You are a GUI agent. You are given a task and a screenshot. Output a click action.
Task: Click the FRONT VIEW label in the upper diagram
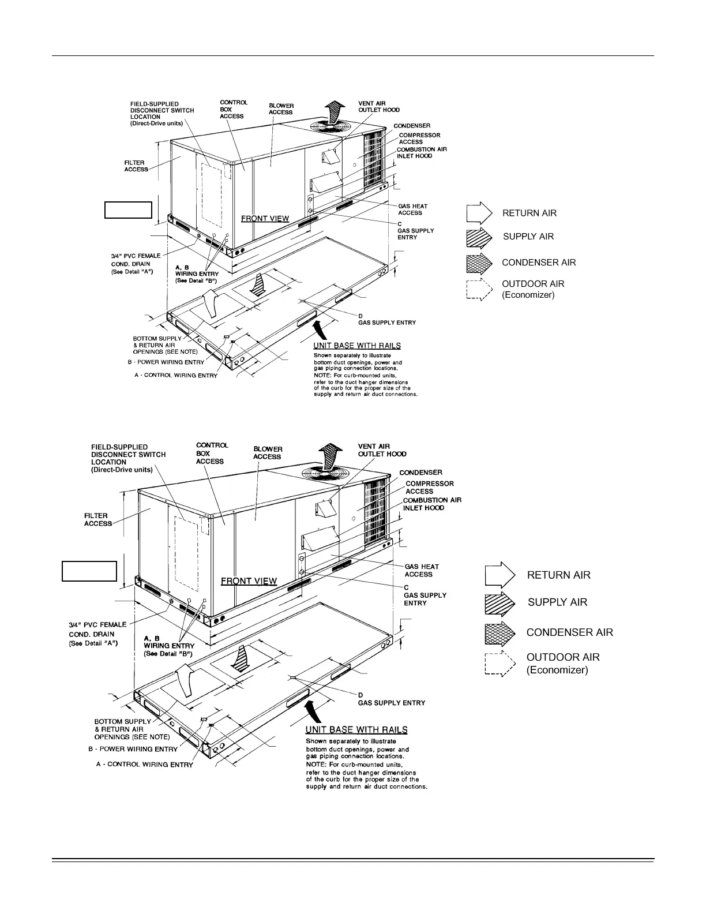click(265, 219)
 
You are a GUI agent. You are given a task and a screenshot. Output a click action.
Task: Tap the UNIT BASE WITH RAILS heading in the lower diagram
click(356, 730)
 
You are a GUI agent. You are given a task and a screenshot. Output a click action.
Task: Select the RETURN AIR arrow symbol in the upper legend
click(479, 213)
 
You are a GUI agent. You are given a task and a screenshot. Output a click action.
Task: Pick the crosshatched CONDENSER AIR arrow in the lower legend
click(500, 633)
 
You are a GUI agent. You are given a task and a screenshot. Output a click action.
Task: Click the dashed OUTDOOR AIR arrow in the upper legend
click(479, 289)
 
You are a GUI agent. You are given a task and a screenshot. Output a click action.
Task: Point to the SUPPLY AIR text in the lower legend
click(557, 602)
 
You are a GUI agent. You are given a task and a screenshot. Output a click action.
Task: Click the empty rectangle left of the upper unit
click(128, 210)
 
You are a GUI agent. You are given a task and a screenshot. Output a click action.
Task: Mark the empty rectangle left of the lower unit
click(89, 571)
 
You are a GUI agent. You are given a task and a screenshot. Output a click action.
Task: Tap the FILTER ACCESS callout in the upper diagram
click(136, 166)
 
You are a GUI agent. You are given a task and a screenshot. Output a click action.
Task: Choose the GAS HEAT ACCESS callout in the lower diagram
click(421, 571)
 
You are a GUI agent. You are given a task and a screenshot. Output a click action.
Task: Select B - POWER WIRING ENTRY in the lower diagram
click(133, 749)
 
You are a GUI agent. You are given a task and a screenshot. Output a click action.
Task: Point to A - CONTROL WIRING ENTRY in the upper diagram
click(176, 376)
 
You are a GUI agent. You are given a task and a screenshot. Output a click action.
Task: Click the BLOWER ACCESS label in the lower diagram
click(268, 453)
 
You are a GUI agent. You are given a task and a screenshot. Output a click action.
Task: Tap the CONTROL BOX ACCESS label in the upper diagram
click(233, 109)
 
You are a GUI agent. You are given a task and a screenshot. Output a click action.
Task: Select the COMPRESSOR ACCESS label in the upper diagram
click(419, 138)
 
